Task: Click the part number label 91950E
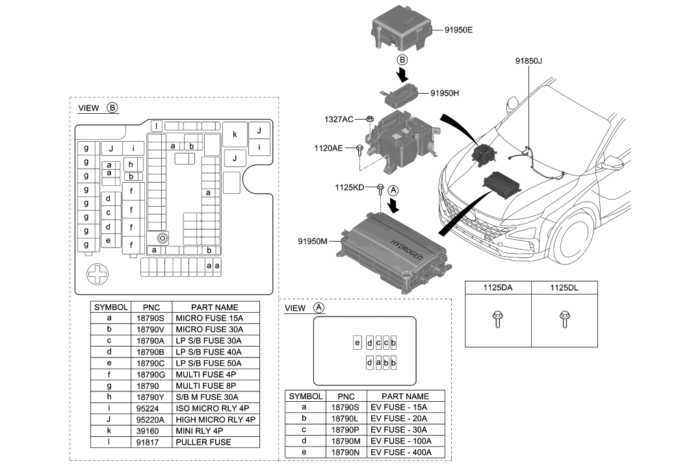click(x=459, y=29)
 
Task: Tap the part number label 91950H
click(x=445, y=93)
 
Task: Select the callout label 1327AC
click(x=339, y=120)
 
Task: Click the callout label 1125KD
click(x=348, y=187)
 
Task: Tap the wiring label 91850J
click(x=528, y=61)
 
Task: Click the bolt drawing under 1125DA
click(x=497, y=319)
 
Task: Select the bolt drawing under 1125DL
click(x=564, y=319)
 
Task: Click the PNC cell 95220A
click(x=151, y=419)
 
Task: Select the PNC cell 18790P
click(x=345, y=430)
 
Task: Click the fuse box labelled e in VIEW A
click(x=357, y=343)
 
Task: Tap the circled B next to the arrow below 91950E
click(x=402, y=60)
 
